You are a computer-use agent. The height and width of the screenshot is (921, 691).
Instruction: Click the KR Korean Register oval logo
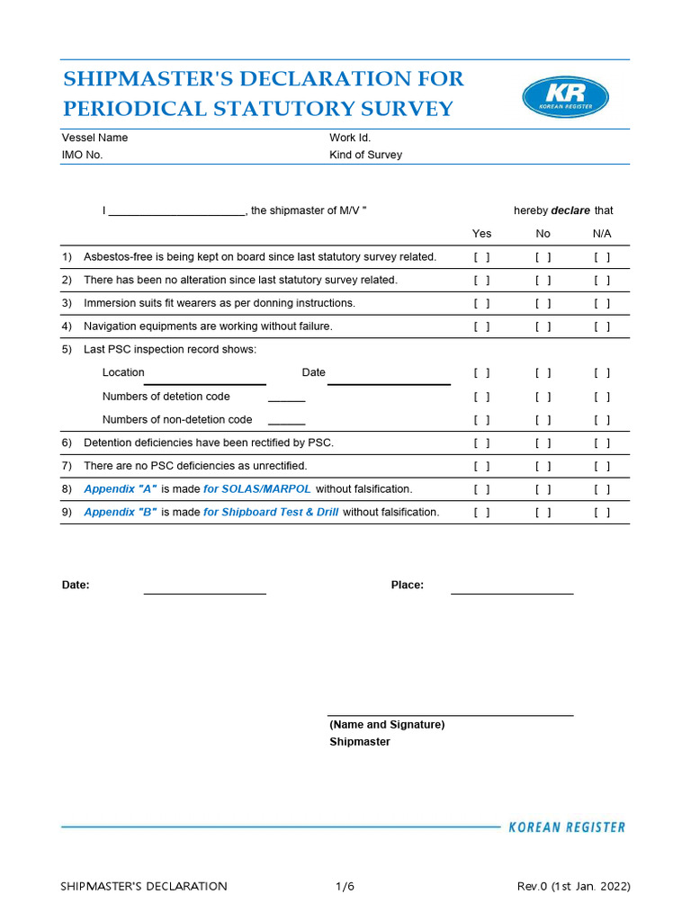[565, 97]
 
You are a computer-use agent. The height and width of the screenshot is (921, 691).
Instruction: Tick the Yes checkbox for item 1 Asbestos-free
[482, 257]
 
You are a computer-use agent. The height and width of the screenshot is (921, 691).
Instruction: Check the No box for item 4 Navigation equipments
[543, 326]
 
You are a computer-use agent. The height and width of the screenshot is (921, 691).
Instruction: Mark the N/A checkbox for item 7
[602, 466]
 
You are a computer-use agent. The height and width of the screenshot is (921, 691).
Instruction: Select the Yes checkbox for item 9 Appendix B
[482, 513]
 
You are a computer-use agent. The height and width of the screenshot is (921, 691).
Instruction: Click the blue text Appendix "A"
[121, 489]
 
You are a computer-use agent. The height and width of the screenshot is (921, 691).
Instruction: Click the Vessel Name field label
[94, 138]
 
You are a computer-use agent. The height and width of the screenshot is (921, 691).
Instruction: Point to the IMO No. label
[82, 155]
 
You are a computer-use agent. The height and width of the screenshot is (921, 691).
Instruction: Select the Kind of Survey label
[365, 155]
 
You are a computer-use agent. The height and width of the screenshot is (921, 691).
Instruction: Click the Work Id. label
[350, 138]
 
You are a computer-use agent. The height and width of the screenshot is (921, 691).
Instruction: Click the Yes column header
[482, 234]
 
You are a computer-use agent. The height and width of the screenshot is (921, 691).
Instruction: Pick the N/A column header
[602, 234]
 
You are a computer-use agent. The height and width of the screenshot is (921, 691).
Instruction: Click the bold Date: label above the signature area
[76, 586]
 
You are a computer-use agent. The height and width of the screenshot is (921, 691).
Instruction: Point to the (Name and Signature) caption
[387, 724]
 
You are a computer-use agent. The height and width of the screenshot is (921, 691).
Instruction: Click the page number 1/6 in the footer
[345, 887]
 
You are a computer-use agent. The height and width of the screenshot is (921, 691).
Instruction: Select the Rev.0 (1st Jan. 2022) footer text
[573, 887]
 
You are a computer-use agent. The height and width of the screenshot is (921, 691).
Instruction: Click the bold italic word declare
[570, 210]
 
